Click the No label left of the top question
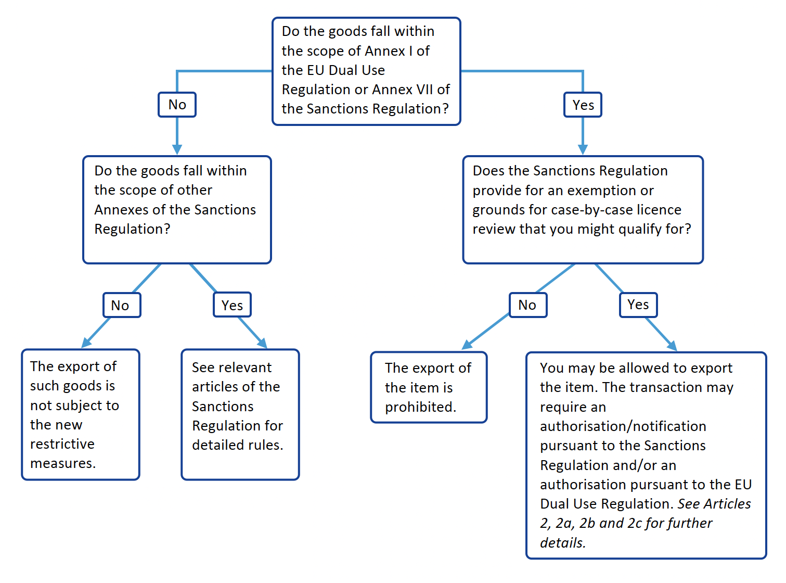pos(177,105)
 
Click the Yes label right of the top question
pos(583,105)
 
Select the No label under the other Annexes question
pos(122,305)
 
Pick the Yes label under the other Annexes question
pos(232,305)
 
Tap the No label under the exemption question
pos(527,305)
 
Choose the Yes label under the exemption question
pos(638,305)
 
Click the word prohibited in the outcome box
pos(420,407)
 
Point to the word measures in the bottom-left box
pos(63,463)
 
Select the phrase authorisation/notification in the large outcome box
pos(623,426)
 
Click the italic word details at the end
pos(562,542)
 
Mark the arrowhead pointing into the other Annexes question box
pos(177,149)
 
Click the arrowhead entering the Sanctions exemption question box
pos(583,149)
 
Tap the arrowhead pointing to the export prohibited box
pos(467,345)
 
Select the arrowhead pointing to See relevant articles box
pos(262,343)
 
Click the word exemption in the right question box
pos(597,191)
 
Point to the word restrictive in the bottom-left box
pos(62,444)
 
